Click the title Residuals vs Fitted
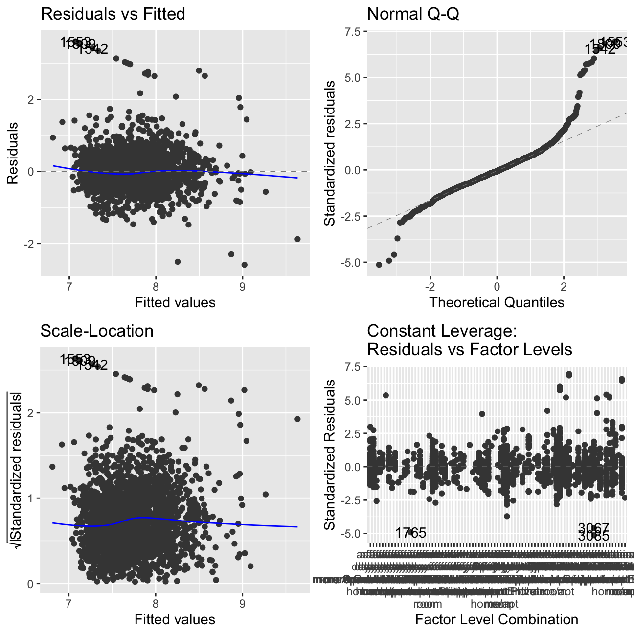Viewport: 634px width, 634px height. tap(113, 14)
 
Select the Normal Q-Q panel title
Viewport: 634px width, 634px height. tap(413, 14)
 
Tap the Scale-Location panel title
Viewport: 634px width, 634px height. tap(97, 331)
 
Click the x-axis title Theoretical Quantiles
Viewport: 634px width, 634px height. tap(497, 302)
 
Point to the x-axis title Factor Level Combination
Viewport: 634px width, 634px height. tap(497, 620)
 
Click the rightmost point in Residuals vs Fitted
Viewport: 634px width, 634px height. tap(297, 239)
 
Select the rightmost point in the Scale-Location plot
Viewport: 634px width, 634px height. tap(297, 419)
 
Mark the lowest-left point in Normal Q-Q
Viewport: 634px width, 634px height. tap(379, 265)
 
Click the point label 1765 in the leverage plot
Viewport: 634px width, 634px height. tap(411, 533)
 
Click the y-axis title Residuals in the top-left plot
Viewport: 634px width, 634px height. tap(13, 153)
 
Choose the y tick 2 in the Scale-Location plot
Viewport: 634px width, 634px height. tap(30, 413)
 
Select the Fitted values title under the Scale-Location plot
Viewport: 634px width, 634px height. tap(175, 620)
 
